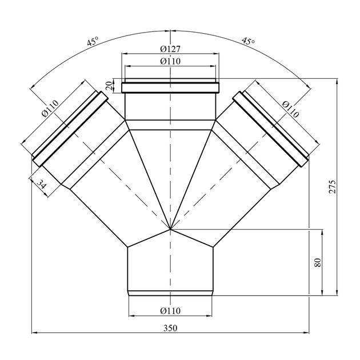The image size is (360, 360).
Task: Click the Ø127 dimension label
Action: [x=170, y=49]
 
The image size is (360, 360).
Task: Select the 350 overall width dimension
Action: [x=170, y=328]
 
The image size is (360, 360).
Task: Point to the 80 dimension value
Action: [x=318, y=262]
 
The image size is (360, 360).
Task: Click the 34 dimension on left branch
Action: [x=42, y=184]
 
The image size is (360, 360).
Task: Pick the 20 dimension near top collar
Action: [x=110, y=86]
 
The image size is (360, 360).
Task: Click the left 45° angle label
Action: [x=93, y=42]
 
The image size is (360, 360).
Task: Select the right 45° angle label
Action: [x=248, y=41]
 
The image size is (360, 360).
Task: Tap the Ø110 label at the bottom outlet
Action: [x=170, y=311]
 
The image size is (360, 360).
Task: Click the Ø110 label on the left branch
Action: [x=50, y=108]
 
